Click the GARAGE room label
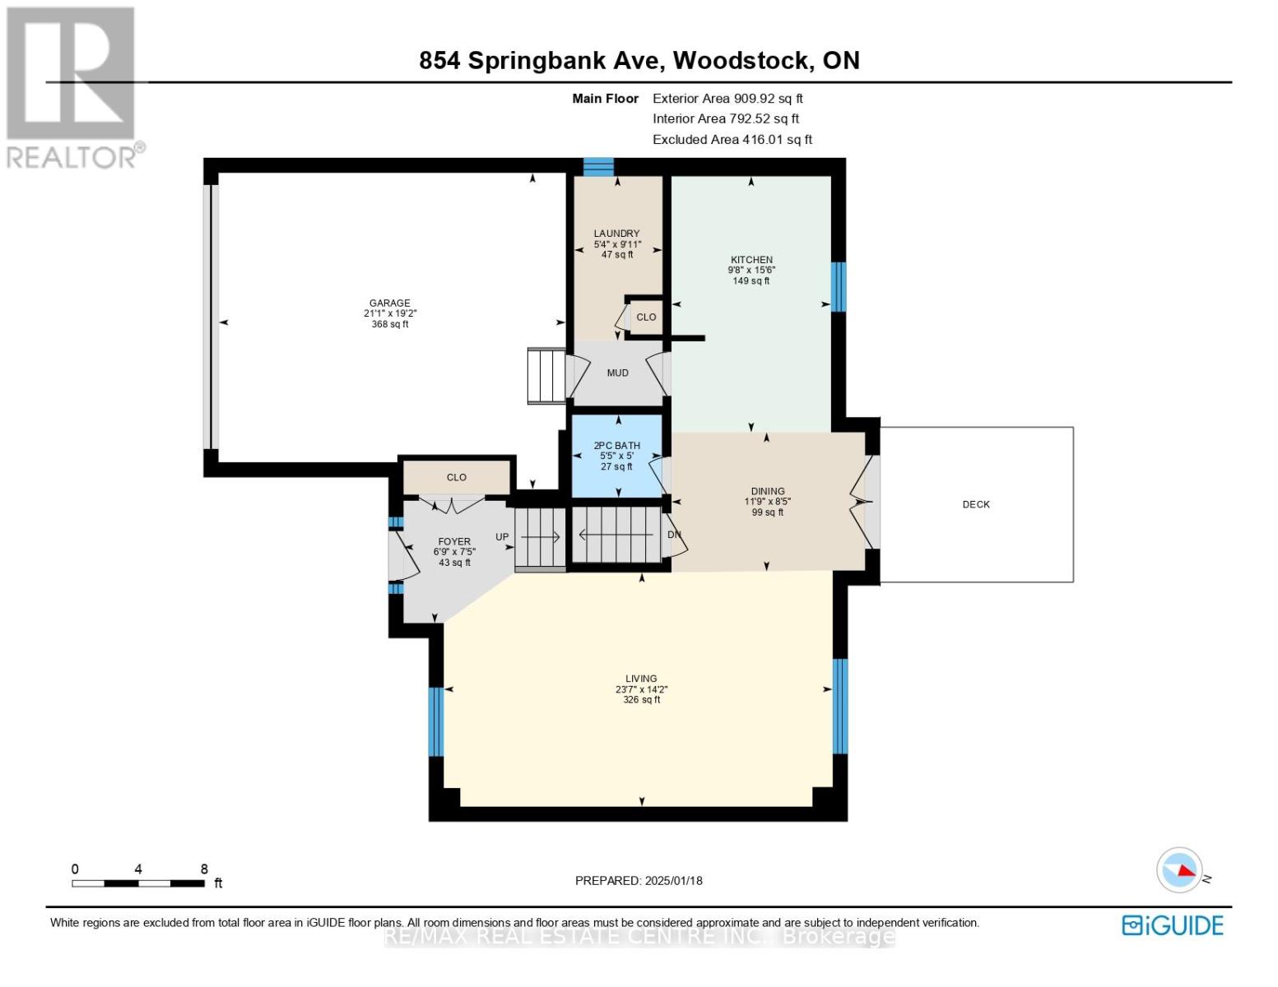click(389, 303)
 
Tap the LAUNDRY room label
click(616, 234)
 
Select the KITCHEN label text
click(751, 260)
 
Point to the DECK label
click(976, 504)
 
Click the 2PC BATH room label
click(616, 446)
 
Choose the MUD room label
click(617, 373)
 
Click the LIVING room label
click(641, 679)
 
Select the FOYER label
click(454, 541)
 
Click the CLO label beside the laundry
click(646, 317)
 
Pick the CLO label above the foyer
click(457, 477)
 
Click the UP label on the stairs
click(502, 537)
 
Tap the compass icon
click(1179, 870)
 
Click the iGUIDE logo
click(1173, 925)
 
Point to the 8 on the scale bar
click(204, 869)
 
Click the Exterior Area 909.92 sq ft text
click(727, 98)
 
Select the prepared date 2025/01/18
click(673, 880)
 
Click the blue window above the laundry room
click(598, 167)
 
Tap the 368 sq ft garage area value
click(389, 324)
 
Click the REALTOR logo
click(72, 86)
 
